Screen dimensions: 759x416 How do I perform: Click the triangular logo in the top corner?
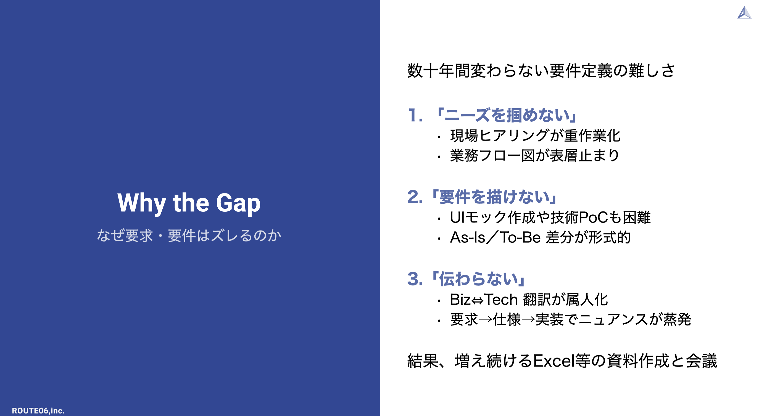(744, 13)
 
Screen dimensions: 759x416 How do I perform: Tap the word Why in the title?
(142, 203)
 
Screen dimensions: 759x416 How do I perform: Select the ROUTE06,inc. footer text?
(38, 410)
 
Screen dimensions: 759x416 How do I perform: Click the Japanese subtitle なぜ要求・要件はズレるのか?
(189, 235)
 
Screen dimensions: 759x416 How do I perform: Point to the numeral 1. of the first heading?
(416, 115)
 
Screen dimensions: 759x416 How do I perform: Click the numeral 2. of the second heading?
(415, 197)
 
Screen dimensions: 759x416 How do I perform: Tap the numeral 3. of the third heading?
(415, 279)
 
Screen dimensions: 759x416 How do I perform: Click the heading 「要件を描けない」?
(494, 197)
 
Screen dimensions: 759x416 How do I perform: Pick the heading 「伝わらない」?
(478, 279)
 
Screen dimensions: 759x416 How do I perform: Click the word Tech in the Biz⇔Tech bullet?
(501, 300)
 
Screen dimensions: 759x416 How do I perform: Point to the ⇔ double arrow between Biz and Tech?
(477, 301)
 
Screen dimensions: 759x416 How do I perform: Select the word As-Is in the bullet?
(468, 237)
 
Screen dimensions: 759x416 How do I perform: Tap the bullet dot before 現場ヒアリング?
(439, 137)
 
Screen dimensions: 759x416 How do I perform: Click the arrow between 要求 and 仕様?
(485, 319)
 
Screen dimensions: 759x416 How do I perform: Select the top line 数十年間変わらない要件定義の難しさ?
(541, 71)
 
